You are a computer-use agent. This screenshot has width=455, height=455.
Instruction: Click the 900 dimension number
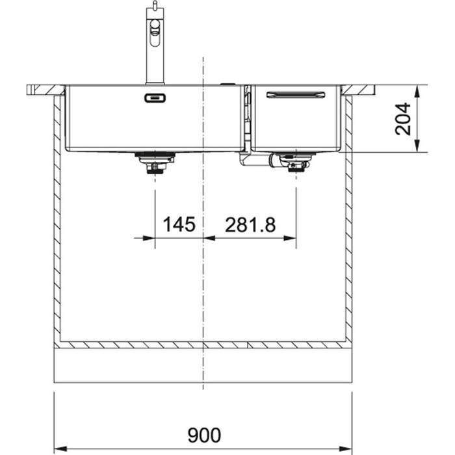click(204, 435)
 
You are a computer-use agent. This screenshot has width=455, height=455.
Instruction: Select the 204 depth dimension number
click(403, 119)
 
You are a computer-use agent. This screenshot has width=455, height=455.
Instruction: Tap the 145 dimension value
click(179, 224)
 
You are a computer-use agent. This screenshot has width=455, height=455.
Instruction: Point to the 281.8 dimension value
click(250, 225)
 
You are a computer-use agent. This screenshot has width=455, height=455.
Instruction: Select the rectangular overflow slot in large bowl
click(155, 98)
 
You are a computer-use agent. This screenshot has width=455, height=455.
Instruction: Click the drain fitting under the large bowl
click(155, 162)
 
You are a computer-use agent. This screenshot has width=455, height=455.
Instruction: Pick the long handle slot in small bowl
click(296, 95)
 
